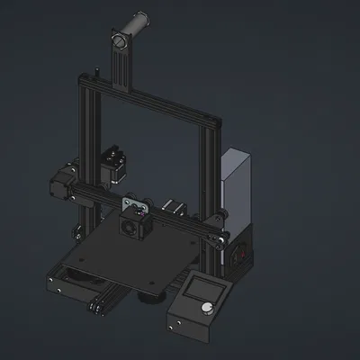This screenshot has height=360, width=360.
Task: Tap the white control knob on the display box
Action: (x=209, y=309)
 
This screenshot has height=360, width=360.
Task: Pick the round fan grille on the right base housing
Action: (x=240, y=254)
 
